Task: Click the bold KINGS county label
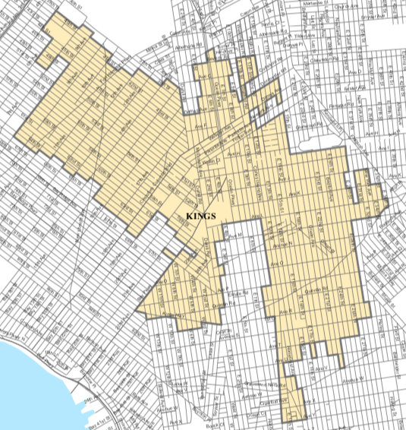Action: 201,217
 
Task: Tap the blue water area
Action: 30,380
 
